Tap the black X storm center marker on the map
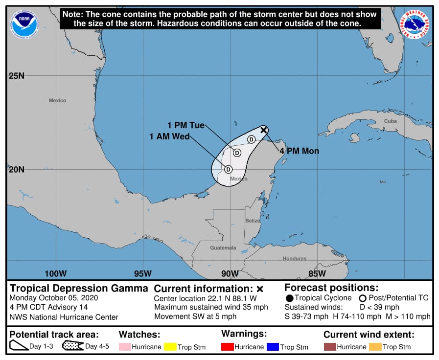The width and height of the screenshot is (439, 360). (264, 130)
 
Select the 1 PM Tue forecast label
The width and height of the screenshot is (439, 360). (186, 125)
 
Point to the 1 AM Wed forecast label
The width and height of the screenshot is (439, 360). (170, 136)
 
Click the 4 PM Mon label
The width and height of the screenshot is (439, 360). (299, 151)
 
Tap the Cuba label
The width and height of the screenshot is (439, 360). (390, 121)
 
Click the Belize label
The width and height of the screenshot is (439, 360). (253, 221)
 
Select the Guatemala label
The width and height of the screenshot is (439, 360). (223, 247)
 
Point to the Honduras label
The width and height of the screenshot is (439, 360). (294, 258)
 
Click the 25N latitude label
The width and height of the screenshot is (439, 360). (16, 76)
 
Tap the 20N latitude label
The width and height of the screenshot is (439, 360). (16, 169)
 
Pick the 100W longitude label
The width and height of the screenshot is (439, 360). (55, 273)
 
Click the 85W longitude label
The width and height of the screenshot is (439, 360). (317, 273)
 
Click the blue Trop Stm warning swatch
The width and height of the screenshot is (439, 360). (272, 347)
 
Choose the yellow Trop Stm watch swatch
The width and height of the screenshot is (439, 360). (170, 347)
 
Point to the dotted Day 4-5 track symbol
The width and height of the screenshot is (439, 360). (72, 346)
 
